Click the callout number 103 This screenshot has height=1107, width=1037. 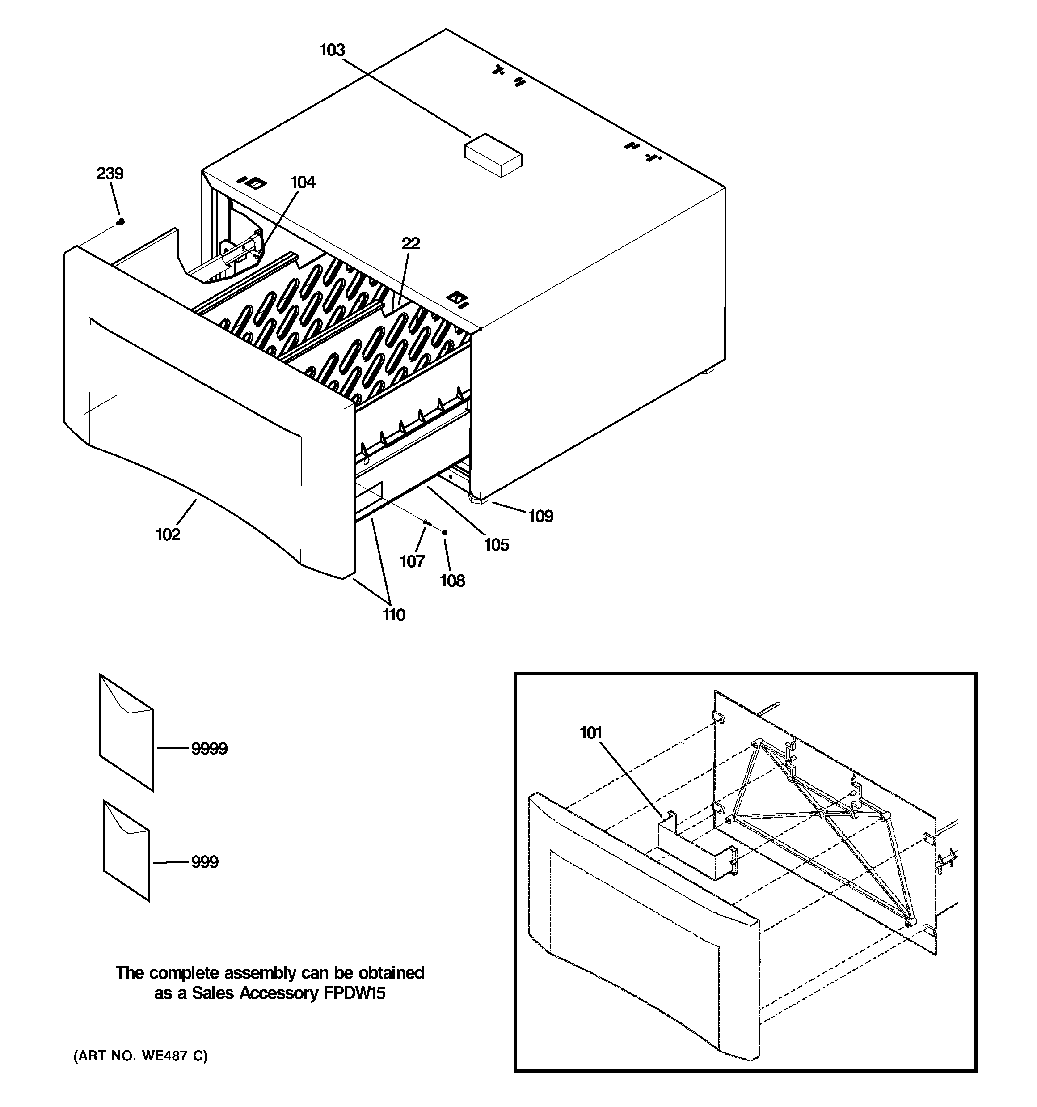332,50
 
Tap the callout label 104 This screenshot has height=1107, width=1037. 302,182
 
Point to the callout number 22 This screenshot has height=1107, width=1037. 411,243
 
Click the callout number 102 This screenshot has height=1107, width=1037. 168,534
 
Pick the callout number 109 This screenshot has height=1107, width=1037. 540,516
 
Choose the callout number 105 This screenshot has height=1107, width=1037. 497,545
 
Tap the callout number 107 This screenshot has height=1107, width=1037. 412,561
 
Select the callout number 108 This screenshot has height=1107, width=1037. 452,581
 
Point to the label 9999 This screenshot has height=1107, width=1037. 209,749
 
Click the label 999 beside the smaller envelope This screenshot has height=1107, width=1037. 205,862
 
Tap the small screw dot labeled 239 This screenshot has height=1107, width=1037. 120,221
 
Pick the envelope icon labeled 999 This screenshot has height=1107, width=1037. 126,850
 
